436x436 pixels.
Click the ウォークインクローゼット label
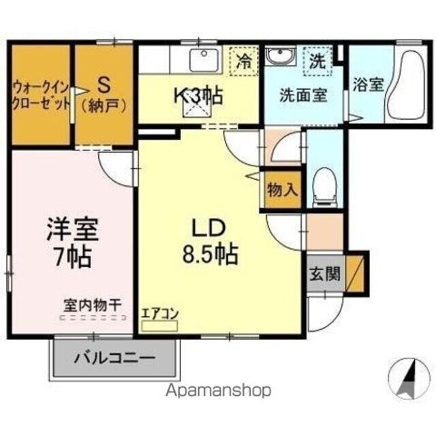(40, 96)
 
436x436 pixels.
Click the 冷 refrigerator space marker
(243, 61)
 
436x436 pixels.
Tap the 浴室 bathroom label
(368, 85)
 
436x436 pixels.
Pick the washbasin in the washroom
(279, 57)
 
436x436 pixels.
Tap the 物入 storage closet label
(282, 189)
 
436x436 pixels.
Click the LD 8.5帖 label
(209, 242)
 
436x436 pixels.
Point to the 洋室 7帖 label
(72, 243)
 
